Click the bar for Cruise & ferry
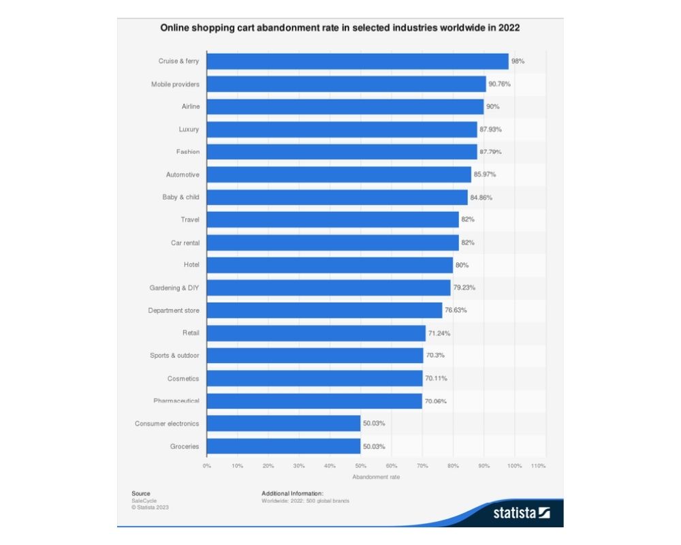(x=358, y=61)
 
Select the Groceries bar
(x=283, y=446)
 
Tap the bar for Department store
(x=324, y=311)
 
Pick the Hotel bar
(x=330, y=265)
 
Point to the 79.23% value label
(x=464, y=287)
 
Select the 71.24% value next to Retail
(x=439, y=333)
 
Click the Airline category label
(x=190, y=107)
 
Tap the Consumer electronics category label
(x=167, y=424)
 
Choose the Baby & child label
(x=180, y=197)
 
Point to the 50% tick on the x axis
(x=360, y=465)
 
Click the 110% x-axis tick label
(x=538, y=465)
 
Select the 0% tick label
(x=207, y=465)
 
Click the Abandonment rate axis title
(x=376, y=477)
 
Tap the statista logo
(x=522, y=512)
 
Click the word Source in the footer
(x=141, y=493)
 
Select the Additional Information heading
(x=292, y=493)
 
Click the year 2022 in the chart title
(x=509, y=29)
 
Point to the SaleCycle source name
(x=144, y=500)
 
